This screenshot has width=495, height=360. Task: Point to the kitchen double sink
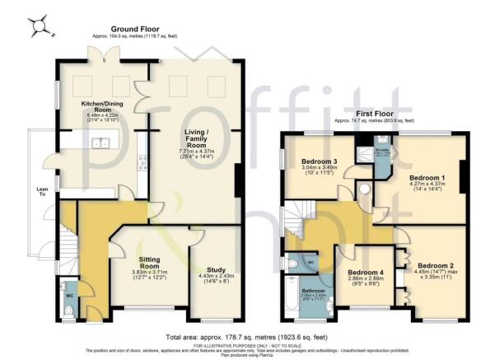click(x=103, y=143)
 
